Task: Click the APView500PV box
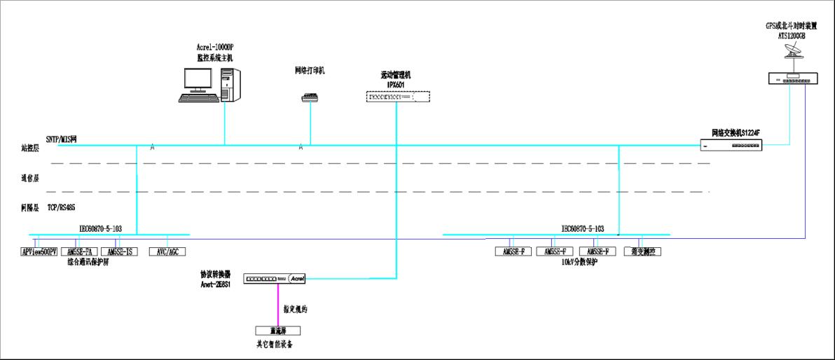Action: [39, 251]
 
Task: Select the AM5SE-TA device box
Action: [78, 251]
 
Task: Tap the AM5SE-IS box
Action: [120, 251]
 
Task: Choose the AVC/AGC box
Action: [167, 251]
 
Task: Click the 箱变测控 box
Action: [642, 251]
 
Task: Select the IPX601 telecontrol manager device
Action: [396, 97]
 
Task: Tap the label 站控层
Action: [30, 148]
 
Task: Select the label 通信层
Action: [30, 178]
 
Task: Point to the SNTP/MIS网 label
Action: [61, 139]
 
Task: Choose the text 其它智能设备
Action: [275, 344]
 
